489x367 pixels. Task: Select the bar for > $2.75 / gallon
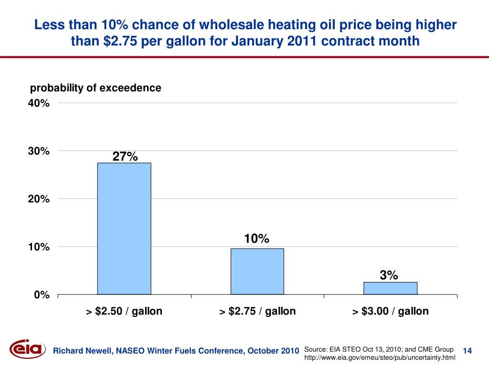tap(257, 271)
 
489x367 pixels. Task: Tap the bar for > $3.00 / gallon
tap(390, 288)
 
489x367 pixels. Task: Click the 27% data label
tap(125, 156)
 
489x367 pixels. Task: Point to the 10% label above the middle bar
tap(257, 238)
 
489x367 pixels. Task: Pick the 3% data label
tap(389, 275)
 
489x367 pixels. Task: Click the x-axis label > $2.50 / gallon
tap(124, 312)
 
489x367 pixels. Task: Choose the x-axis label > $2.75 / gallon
tap(257, 312)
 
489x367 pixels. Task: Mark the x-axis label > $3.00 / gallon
tap(391, 312)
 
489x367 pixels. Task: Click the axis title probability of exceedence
tap(96, 88)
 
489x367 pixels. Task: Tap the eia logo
tap(28, 350)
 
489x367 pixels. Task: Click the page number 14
tap(468, 351)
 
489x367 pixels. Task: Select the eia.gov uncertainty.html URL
tap(380, 357)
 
